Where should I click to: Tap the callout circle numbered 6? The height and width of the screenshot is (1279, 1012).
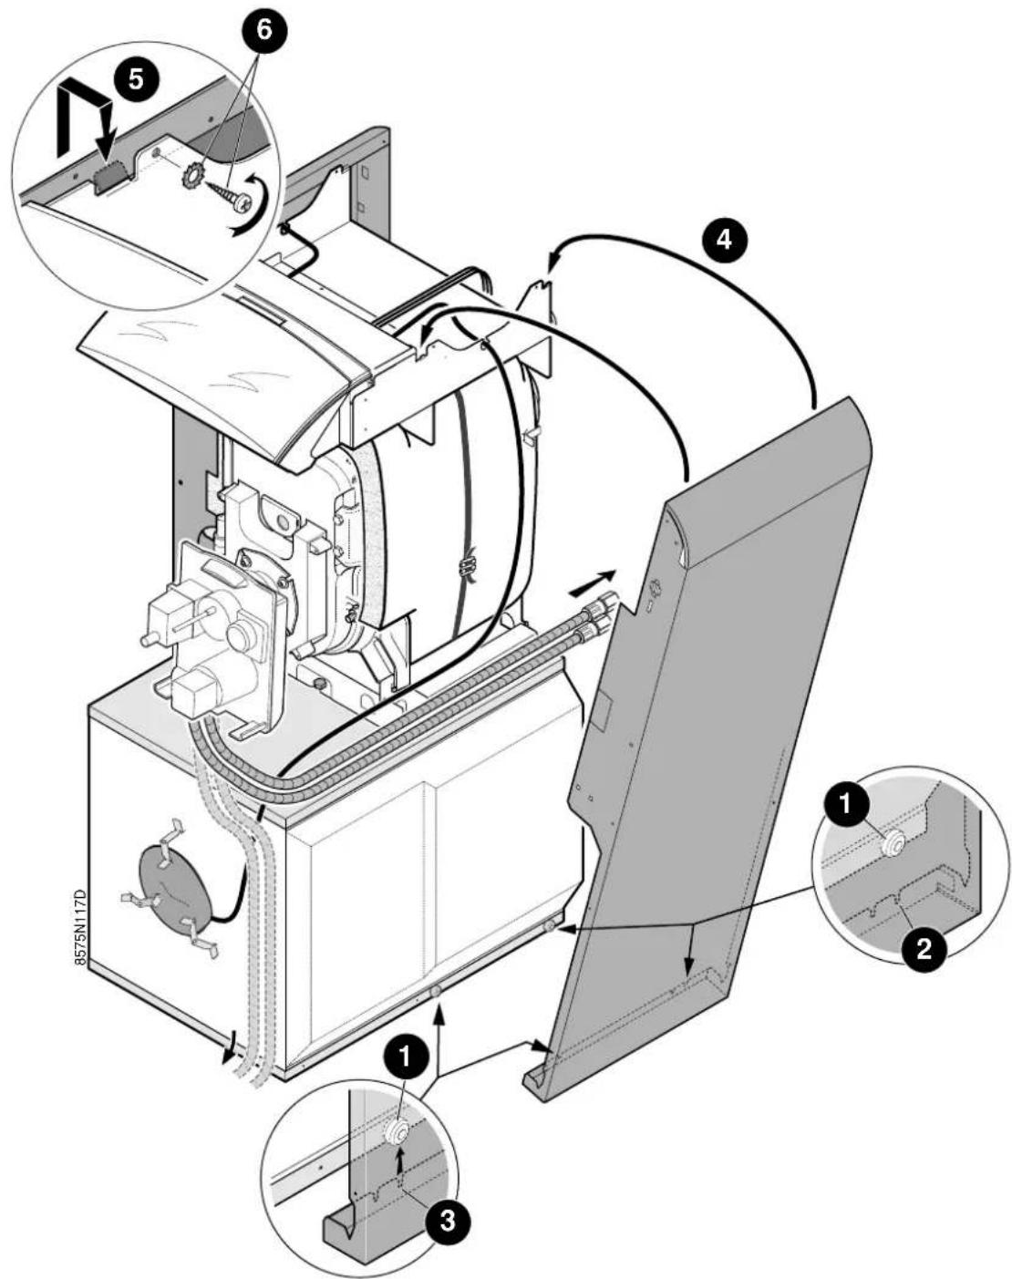263,30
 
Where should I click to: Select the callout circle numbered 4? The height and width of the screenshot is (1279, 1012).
723,240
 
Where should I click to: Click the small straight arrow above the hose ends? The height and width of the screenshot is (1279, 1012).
593,581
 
